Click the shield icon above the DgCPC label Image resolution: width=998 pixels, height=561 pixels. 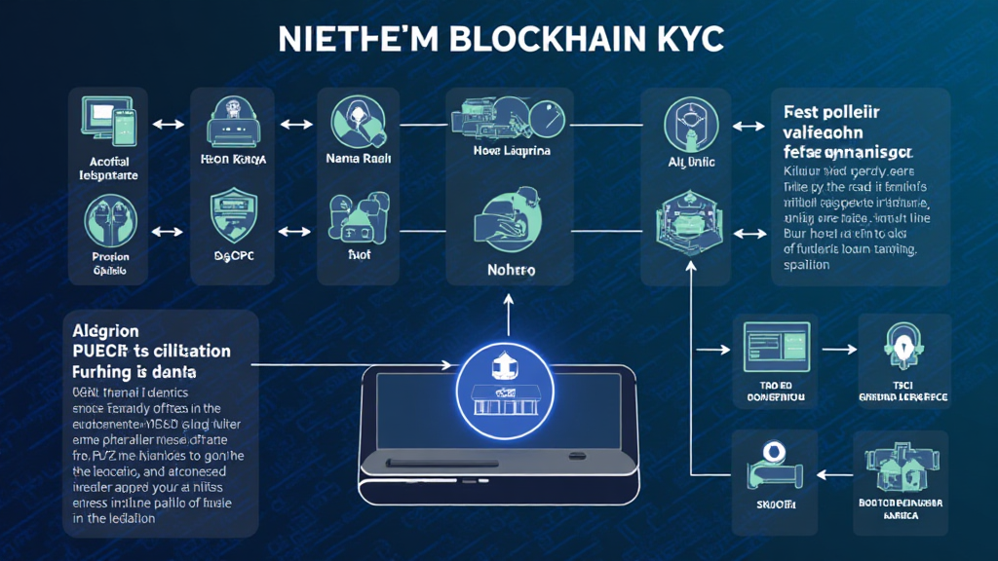(234, 218)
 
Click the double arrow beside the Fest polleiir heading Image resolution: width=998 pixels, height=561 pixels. (748, 127)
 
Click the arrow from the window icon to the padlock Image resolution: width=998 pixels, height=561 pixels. (835, 348)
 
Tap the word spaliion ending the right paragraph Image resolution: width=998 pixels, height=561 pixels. (806, 264)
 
